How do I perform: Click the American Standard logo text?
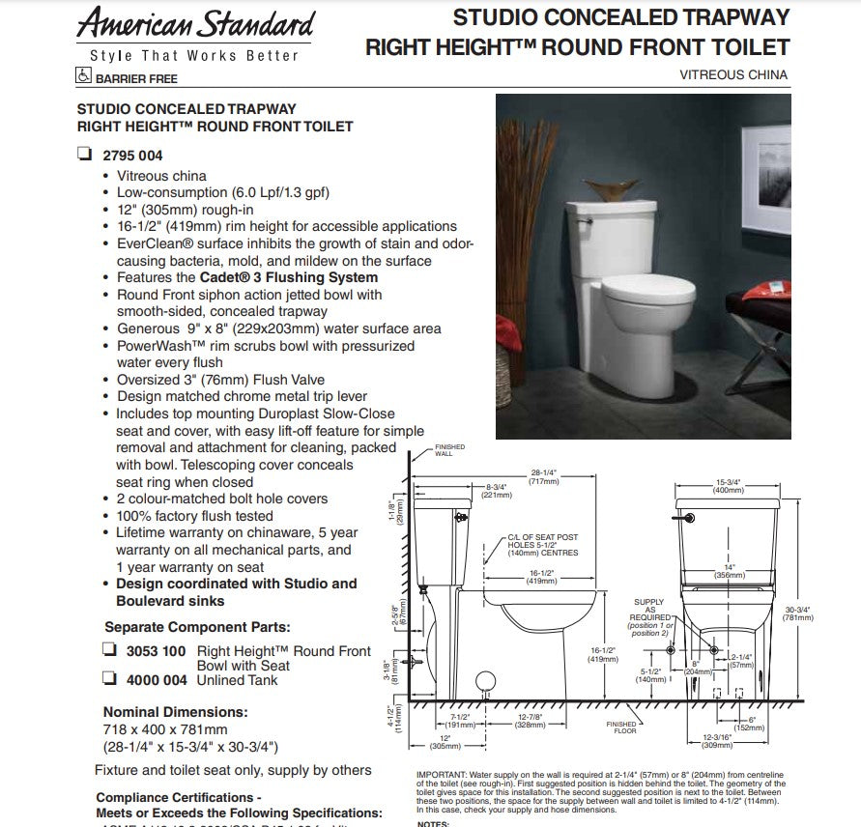(196, 23)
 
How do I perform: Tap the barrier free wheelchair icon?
(84, 77)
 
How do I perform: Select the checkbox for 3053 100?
(109, 651)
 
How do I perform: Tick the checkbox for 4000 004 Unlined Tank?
(109, 679)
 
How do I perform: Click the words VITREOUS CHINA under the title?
(733, 74)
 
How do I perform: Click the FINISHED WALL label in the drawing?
(450, 450)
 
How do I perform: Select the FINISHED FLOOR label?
(621, 727)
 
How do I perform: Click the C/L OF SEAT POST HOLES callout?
(542, 546)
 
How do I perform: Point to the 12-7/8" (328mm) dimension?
(529, 721)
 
